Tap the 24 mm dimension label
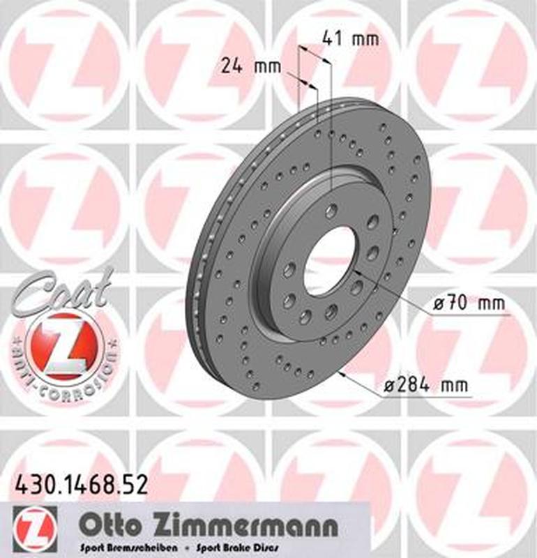250,67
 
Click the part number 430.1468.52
81,484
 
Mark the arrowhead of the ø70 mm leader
355,270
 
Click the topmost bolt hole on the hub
331,210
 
